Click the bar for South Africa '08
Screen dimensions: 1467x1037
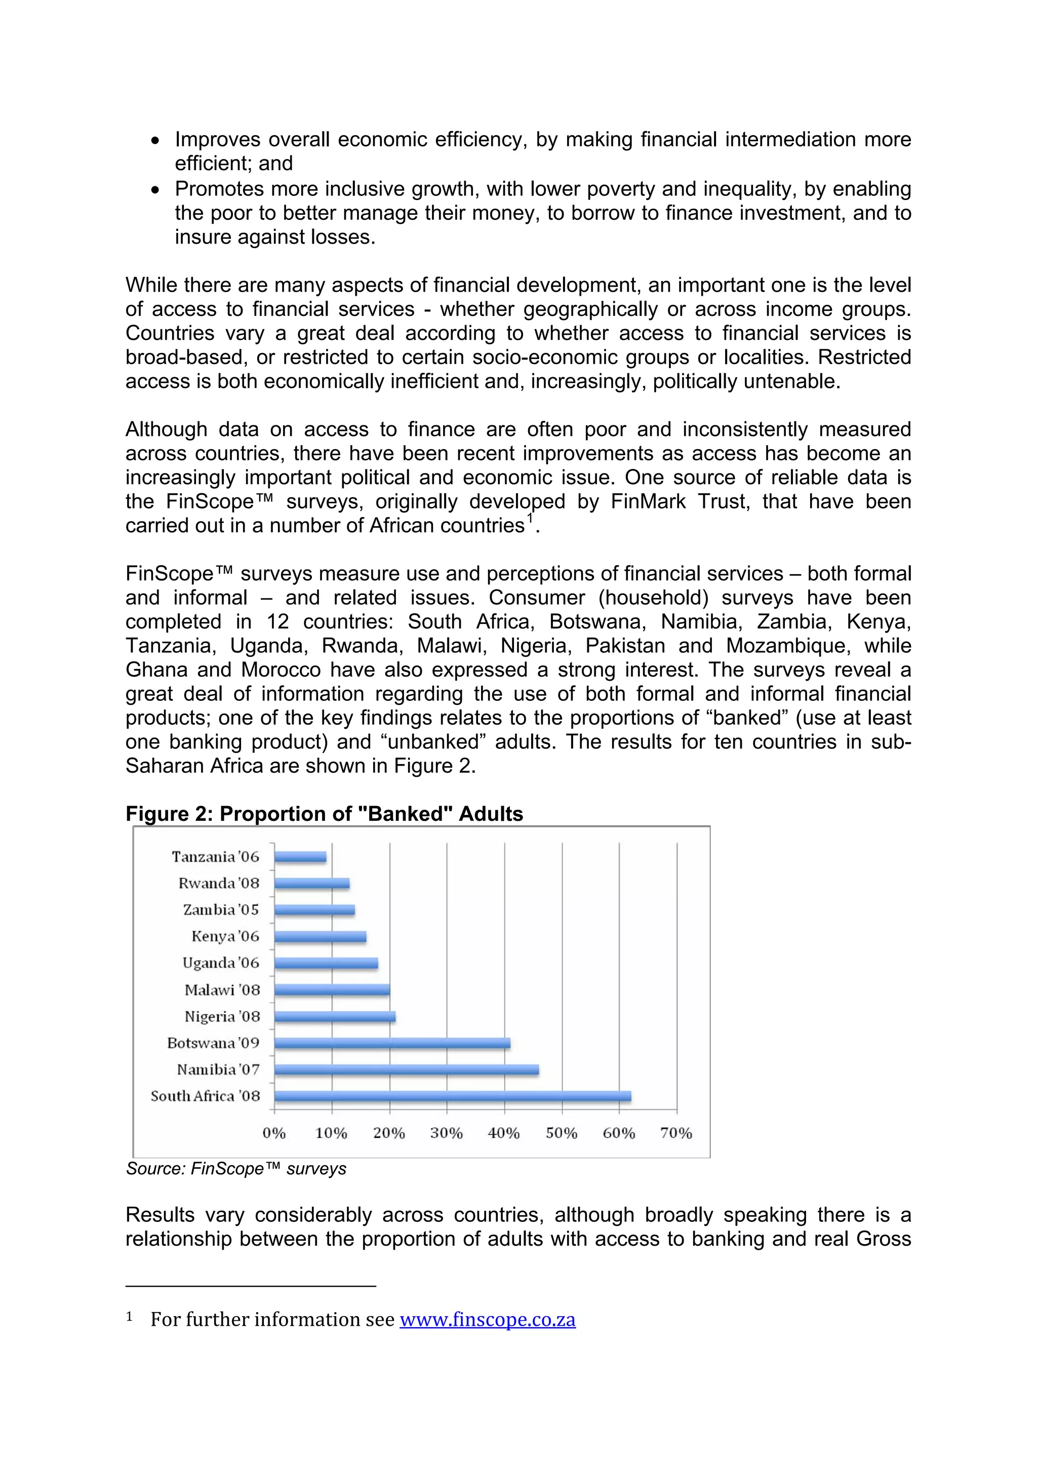452,1096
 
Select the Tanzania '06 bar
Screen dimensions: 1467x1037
300,857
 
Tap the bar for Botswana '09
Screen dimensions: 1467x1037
392,1043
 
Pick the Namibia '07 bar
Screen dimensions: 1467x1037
407,1069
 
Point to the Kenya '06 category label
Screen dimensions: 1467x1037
225,937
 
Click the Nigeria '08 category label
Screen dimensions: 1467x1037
222,1016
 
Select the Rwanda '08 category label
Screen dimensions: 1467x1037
219,884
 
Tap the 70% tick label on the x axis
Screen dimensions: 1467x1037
676,1133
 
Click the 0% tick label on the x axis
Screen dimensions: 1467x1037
274,1133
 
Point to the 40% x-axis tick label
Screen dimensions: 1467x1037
503,1133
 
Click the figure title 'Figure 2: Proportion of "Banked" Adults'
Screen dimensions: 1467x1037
324,814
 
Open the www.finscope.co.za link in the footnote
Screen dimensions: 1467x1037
488,1320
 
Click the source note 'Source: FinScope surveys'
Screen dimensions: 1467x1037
236,1169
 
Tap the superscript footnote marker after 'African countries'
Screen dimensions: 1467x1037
530,518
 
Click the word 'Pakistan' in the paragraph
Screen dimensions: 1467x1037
625,646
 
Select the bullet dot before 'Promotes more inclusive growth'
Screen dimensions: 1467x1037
155,190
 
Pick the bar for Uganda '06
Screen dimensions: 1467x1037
326,964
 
